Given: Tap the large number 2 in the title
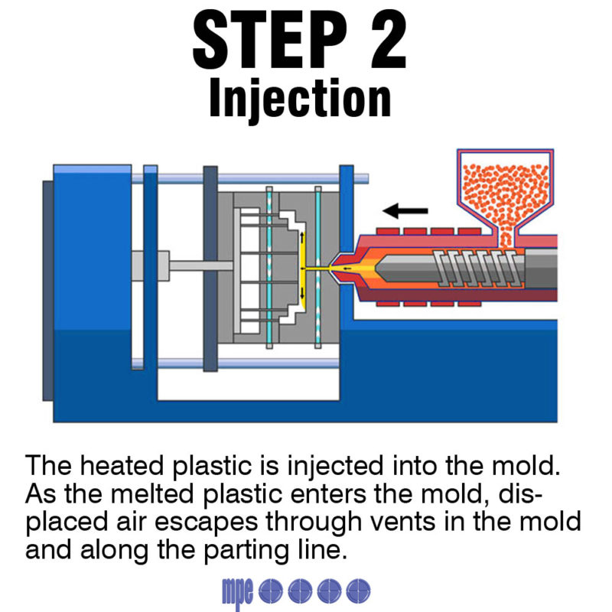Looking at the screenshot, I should tap(380, 41).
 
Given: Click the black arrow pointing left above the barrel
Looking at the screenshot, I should tap(405, 209).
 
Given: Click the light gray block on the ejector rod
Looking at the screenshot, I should tap(140, 266).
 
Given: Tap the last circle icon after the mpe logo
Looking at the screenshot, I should tap(358, 590).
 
